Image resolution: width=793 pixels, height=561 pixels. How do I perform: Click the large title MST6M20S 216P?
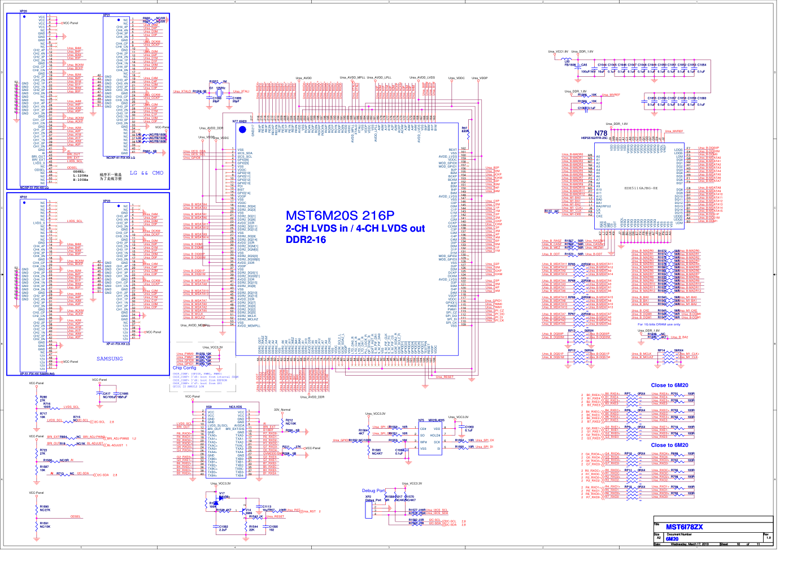pos(339,215)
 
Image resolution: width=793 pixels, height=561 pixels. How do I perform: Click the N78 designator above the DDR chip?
pos(600,133)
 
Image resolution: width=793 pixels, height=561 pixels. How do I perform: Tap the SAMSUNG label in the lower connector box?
pos(110,359)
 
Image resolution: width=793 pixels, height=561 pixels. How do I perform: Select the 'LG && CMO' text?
pos(146,173)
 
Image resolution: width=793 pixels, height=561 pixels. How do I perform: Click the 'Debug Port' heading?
pos(373,490)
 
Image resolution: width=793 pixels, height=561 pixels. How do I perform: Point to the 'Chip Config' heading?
pos(184,368)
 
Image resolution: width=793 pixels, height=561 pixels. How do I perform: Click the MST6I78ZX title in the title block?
pos(684,527)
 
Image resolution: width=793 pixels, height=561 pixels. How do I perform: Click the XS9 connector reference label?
pos(209,407)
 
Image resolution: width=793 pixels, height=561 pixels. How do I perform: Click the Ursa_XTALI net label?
pos(241,91)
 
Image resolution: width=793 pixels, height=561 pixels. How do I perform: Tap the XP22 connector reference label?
pos(23,197)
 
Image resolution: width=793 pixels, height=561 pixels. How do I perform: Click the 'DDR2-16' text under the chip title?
pos(305,240)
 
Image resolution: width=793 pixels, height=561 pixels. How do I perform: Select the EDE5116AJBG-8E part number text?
pos(640,188)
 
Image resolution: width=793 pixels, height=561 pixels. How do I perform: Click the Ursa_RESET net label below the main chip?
pos(444,377)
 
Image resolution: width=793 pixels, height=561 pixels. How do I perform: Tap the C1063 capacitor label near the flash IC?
pos(469,427)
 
